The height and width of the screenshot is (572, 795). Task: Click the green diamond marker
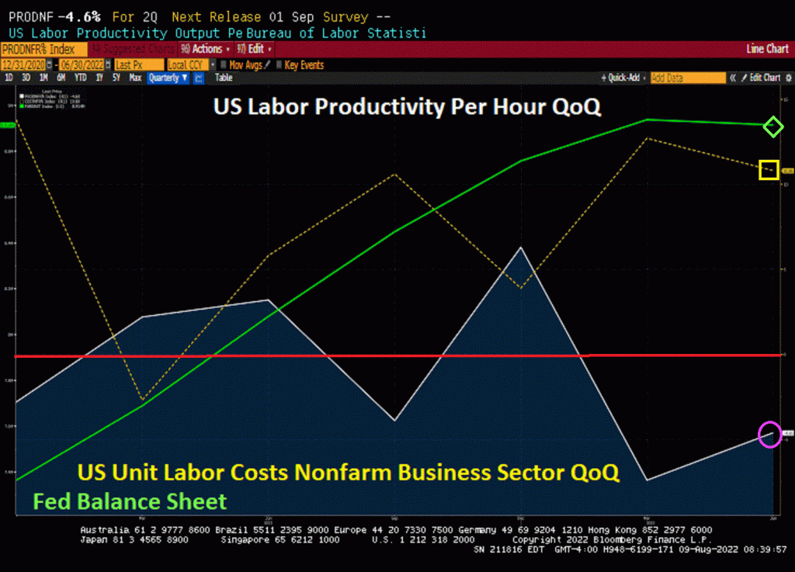pos(772,127)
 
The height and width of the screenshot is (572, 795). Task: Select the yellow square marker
pos(769,169)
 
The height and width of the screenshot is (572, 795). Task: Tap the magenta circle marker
pos(769,434)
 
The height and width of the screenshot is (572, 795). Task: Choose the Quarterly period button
pos(168,78)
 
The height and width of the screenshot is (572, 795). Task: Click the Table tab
pos(224,78)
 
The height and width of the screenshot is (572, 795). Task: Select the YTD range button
pos(80,78)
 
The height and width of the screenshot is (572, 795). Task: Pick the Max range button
pos(135,78)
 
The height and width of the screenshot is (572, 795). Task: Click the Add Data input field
pos(688,78)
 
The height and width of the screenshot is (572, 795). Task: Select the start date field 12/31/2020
pos(23,65)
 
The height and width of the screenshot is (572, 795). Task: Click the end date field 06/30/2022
pos(82,65)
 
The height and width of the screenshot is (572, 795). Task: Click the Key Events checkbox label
pos(304,65)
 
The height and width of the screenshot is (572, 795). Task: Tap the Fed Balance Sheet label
pos(130,501)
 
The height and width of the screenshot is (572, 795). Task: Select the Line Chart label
pos(767,49)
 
